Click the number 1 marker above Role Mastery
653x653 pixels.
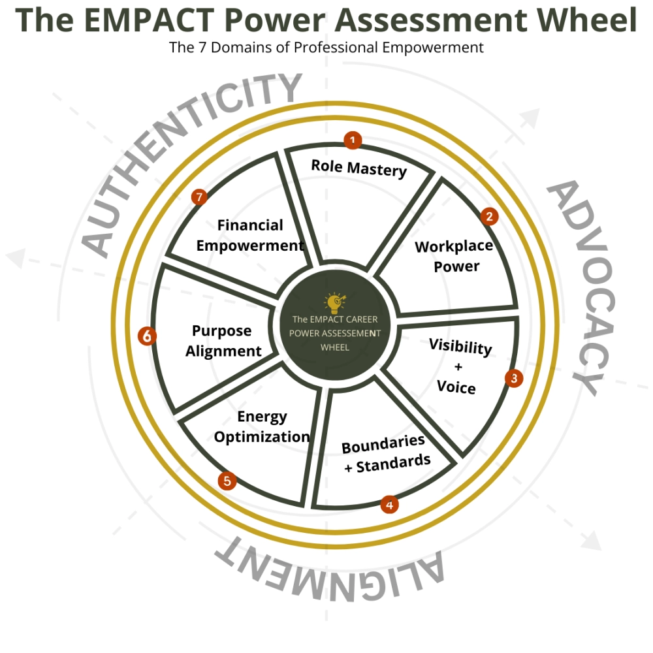(353, 140)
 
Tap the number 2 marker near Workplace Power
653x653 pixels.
(489, 217)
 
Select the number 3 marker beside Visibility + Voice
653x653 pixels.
(514, 377)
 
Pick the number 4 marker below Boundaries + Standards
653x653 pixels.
(390, 504)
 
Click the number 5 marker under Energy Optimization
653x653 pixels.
(227, 481)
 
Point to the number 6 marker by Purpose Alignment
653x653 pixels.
(148, 336)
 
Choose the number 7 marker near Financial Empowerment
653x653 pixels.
(200, 197)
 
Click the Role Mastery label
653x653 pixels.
(358, 168)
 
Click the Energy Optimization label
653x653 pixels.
(262, 426)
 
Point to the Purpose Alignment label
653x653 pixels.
(223, 341)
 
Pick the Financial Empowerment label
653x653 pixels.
(250, 235)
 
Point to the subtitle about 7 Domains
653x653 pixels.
(326, 48)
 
